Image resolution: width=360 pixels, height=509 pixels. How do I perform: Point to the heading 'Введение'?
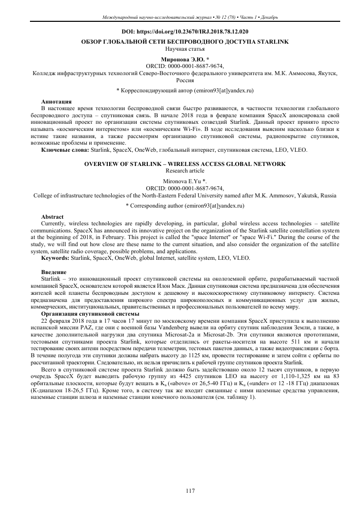pos(54,272)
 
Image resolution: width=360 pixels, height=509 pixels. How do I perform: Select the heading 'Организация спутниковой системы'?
pos(83,313)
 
